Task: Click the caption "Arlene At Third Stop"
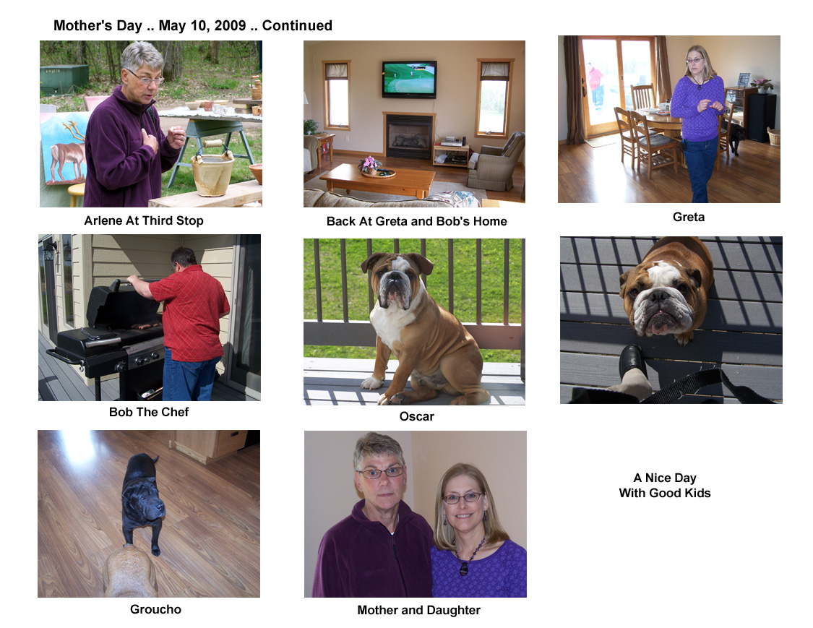click(144, 220)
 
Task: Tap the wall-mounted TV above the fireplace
click(410, 79)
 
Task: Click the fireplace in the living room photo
click(409, 136)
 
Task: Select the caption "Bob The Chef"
click(149, 412)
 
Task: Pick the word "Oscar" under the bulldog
click(417, 416)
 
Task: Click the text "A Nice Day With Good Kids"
click(665, 486)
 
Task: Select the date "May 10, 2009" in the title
click(202, 25)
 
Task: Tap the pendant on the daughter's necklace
click(463, 568)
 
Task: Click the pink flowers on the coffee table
click(370, 164)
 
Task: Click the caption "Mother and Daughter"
click(419, 611)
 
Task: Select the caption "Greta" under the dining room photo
click(689, 217)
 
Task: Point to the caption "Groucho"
click(155, 609)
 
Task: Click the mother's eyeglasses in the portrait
click(380, 473)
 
